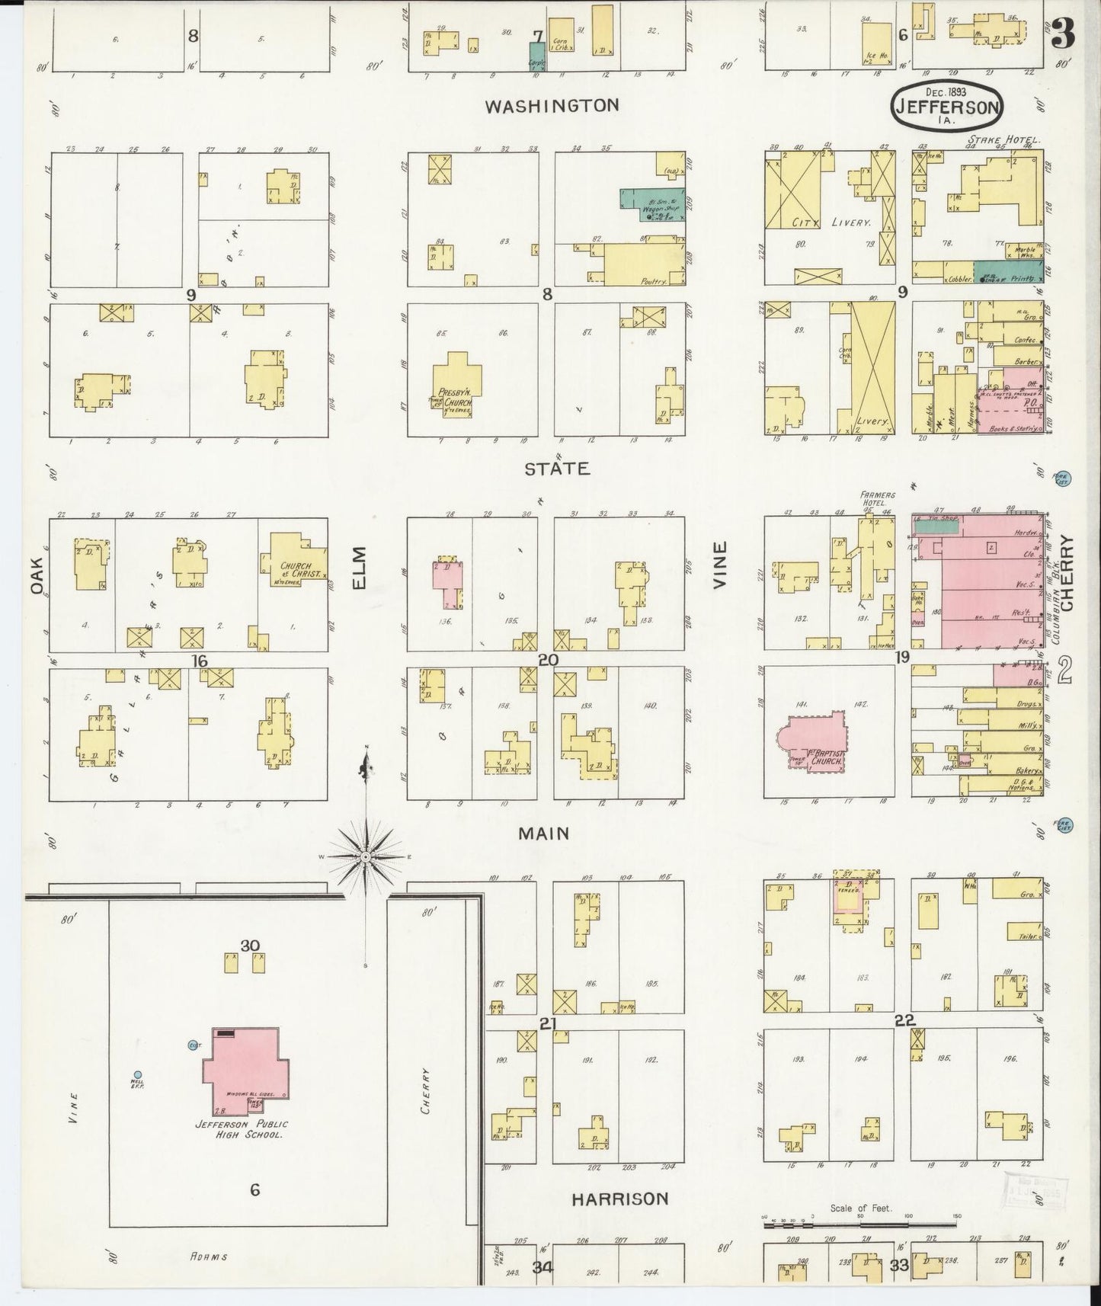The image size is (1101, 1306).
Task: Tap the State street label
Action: (557, 468)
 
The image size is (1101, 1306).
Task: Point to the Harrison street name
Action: (620, 1199)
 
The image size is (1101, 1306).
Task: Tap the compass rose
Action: (366, 857)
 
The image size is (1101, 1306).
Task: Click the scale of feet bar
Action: (860, 1226)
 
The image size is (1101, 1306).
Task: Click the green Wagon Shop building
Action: (652, 204)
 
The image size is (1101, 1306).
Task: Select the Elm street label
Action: (360, 568)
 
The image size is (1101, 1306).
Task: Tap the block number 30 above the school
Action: (250, 946)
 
